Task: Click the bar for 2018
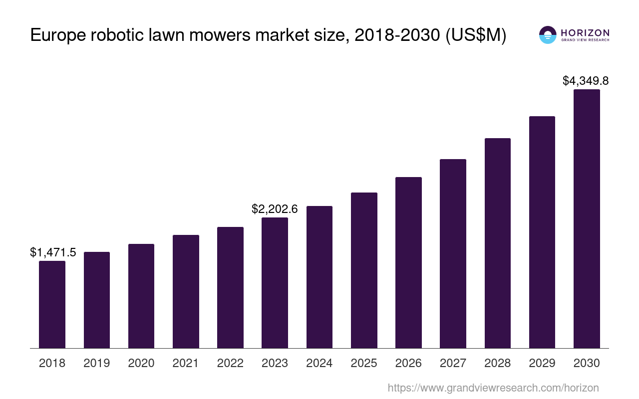click(52, 304)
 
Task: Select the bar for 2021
click(186, 291)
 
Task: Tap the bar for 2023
click(275, 283)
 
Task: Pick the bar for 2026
click(408, 262)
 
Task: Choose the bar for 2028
click(497, 243)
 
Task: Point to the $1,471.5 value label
click(53, 252)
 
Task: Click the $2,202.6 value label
click(275, 209)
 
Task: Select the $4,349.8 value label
click(586, 81)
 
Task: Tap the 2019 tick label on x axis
click(97, 363)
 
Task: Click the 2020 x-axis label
click(141, 363)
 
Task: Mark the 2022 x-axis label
click(230, 363)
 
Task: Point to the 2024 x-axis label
click(319, 363)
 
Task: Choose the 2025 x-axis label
click(364, 363)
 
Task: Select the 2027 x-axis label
click(453, 363)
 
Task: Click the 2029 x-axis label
click(542, 363)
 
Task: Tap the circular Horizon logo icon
click(548, 35)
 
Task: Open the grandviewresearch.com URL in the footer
click(493, 388)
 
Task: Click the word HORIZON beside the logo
click(585, 32)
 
